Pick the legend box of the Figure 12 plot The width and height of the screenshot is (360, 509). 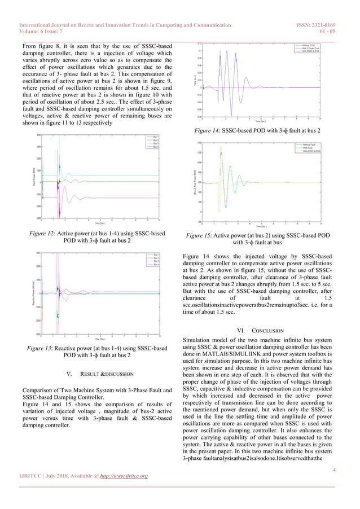coord(152,142)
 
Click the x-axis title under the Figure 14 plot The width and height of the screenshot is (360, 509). coord(260,121)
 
